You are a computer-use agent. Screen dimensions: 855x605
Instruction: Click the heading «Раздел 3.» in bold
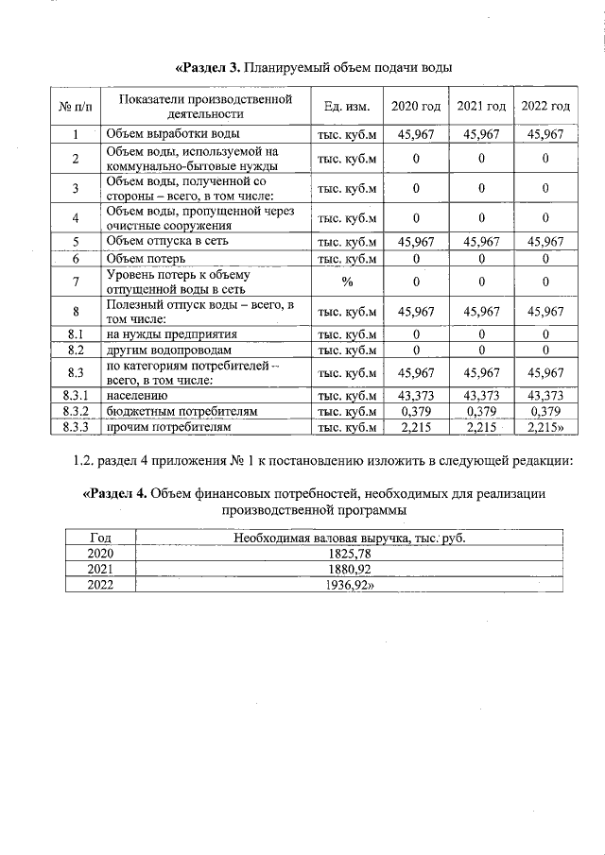(209, 68)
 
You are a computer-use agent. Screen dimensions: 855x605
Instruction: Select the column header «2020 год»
(416, 106)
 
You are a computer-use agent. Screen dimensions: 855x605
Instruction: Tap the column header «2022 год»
(545, 106)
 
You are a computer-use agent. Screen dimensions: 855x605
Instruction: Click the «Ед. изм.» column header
(347, 106)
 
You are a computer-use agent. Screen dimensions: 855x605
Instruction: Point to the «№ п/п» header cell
(75, 106)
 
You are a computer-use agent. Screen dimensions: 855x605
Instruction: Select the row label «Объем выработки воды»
(172, 134)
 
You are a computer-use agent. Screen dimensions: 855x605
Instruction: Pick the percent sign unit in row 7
(347, 282)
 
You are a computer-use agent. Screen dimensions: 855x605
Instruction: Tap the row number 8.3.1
(75, 395)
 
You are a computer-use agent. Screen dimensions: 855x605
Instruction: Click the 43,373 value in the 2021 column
(480, 395)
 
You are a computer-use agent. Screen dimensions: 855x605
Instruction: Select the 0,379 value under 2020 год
(416, 412)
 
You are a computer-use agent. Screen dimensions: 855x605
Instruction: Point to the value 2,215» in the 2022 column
(546, 428)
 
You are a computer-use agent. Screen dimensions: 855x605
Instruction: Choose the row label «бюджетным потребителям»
(181, 412)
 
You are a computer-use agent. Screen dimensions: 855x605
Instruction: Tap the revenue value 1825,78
(349, 554)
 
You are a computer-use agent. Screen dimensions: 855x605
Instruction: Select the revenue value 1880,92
(349, 570)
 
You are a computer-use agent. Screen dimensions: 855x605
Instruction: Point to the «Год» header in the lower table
(99, 538)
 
